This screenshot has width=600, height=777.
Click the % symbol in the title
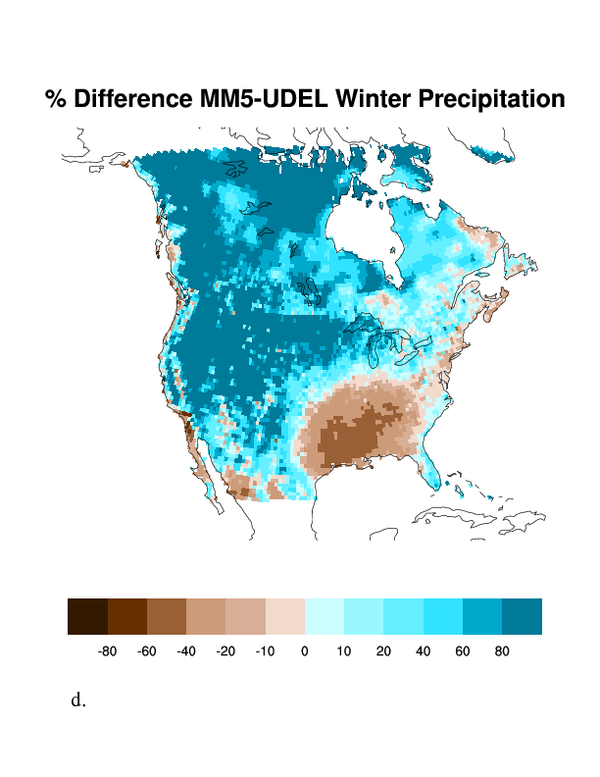coord(56,99)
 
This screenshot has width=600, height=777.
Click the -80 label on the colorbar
coord(108,649)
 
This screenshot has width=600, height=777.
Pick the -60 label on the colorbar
coord(147,649)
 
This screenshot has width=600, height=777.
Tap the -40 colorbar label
coord(186,649)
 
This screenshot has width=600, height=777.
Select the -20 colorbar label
coord(225,649)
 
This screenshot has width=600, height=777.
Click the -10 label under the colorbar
coord(265,649)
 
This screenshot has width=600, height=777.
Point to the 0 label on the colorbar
coord(305,649)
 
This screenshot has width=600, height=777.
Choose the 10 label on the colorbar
coord(344,649)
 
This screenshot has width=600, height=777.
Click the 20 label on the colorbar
coord(383,649)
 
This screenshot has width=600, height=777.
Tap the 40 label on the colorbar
coord(423,649)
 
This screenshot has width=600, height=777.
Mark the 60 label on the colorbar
coord(463,649)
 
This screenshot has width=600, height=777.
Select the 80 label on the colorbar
coord(502,649)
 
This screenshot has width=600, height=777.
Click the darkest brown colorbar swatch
coord(87,616)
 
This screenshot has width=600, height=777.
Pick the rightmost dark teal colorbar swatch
coord(522,616)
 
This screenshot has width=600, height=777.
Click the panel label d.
coord(78,700)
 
